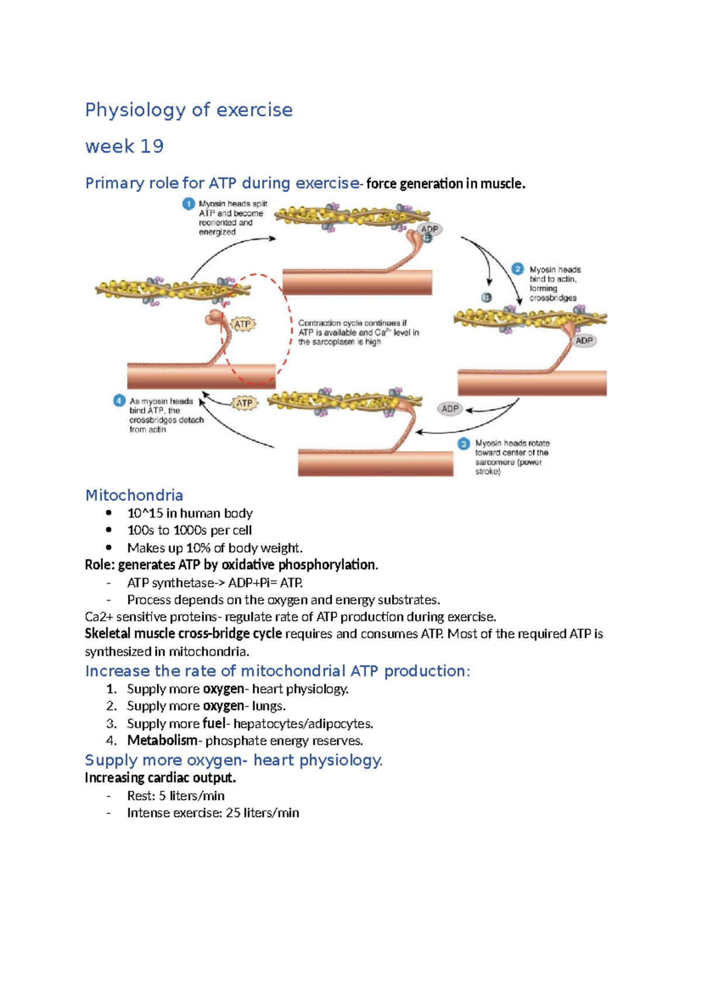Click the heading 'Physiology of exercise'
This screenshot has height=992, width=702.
[188, 110]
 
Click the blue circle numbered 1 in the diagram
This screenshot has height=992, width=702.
[188, 204]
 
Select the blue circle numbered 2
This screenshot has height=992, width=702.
[518, 269]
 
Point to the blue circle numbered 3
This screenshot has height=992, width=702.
[464, 444]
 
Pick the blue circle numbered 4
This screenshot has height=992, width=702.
[119, 401]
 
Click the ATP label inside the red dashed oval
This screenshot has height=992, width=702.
[243, 324]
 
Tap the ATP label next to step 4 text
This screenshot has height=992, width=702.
[245, 403]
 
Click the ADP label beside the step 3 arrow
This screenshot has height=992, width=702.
[450, 409]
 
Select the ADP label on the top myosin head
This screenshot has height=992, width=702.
[430, 229]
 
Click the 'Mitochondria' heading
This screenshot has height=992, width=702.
[134, 495]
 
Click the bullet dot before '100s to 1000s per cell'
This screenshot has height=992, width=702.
[109, 530]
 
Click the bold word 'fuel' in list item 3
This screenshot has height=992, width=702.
[214, 724]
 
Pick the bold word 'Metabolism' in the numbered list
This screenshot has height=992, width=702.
[162, 740]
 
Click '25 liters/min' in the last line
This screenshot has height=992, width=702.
[262, 813]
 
